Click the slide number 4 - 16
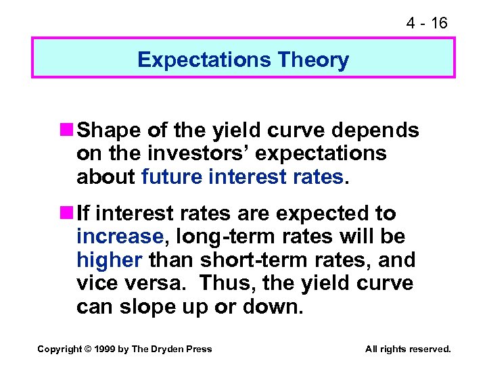click(x=426, y=23)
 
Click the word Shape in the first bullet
click(x=106, y=130)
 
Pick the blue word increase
click(x=120, y=237)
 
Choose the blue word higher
click(x=110, y=260)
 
